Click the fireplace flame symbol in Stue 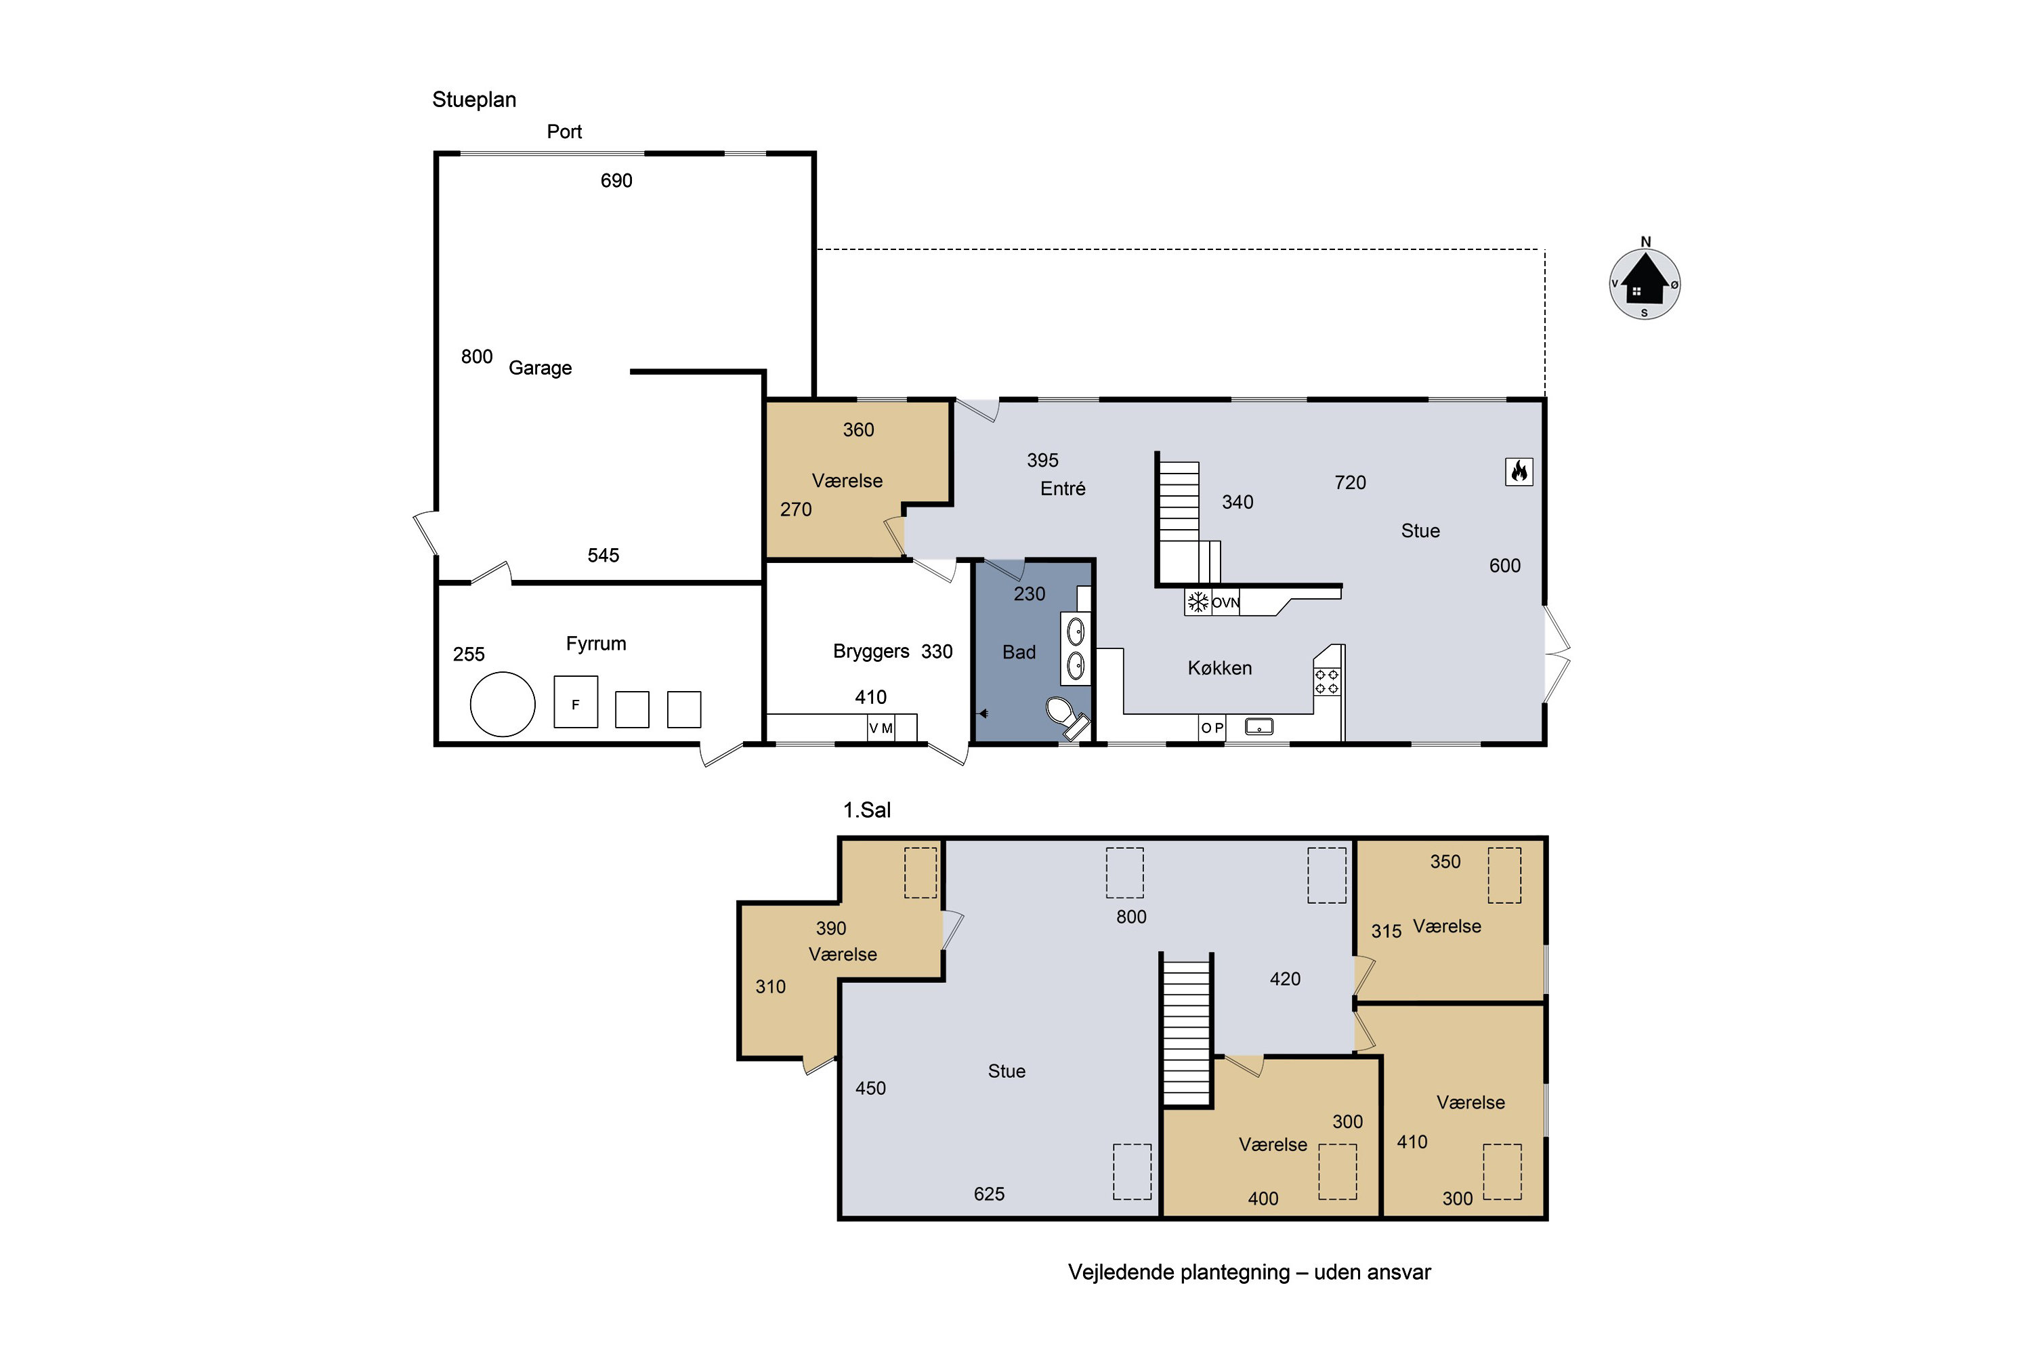[x=1518, y=472]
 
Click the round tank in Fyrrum [x=503, y=705]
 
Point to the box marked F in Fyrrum [x=575, y=702]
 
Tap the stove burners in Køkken [x=1327, y=682]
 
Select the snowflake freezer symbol [x=1198, y=602]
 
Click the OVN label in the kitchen [x=1225, y=603]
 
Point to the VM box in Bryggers [x=881, y=728]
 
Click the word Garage [x=540, y=368]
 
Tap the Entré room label [x=1063, y=488]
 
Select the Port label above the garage [x=564, y=131]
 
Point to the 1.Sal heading [x=866, y=810]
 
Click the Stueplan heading [x=474, y=100]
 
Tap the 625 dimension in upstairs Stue [x=989, y=1193]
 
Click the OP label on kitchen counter [x=1212, y=728]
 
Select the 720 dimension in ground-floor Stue [x=1351, y=482]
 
